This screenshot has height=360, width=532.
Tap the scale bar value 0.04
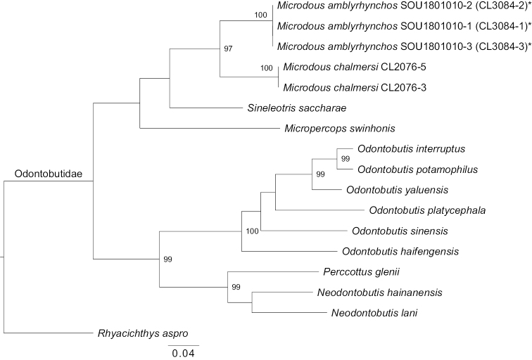point(184,352)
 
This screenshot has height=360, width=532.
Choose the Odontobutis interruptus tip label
point(402,149)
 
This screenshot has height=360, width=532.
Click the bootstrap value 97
point(228,49)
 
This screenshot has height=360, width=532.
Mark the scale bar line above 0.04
point(184,345)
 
